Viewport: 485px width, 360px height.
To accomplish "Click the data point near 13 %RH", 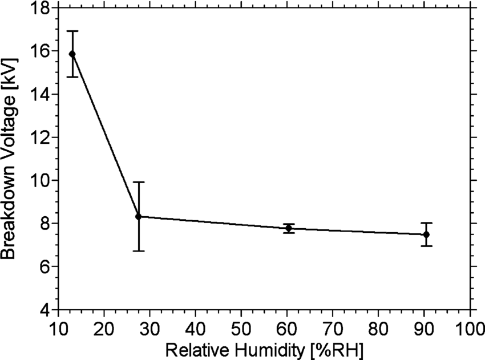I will click(72, 54).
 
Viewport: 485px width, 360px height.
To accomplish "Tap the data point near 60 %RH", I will click(289, 228).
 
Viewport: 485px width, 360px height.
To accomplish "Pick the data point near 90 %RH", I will click(426, 234).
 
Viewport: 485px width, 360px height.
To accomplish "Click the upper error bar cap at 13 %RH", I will click(72, 31).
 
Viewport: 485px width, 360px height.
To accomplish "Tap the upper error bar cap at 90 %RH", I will click(426, 223).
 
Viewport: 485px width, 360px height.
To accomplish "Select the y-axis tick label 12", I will click(42, 137).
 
